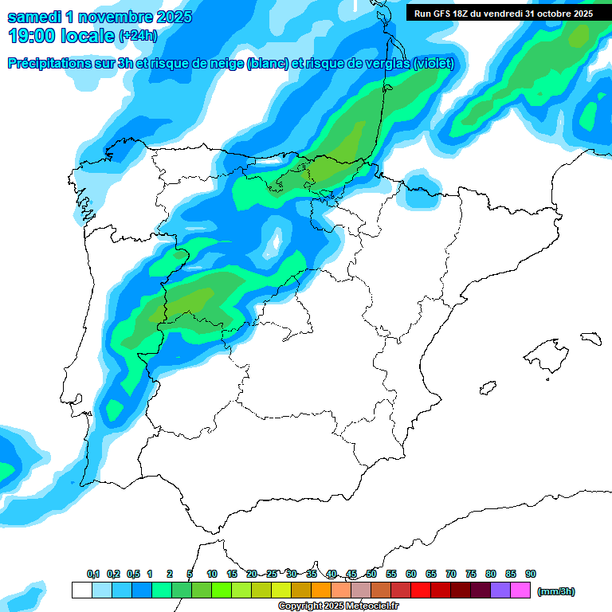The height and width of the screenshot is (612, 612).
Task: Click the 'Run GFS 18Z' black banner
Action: tap(503, 13)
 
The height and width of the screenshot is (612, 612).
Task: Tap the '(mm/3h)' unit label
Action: tap(555, 591)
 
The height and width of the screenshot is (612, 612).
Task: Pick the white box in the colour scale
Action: tap(81, 590)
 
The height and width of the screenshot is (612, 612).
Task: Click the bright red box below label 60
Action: tap(421, 590)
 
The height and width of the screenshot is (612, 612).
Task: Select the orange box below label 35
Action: tap(321, 590)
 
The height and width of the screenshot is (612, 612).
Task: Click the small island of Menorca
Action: tap(590, 338)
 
